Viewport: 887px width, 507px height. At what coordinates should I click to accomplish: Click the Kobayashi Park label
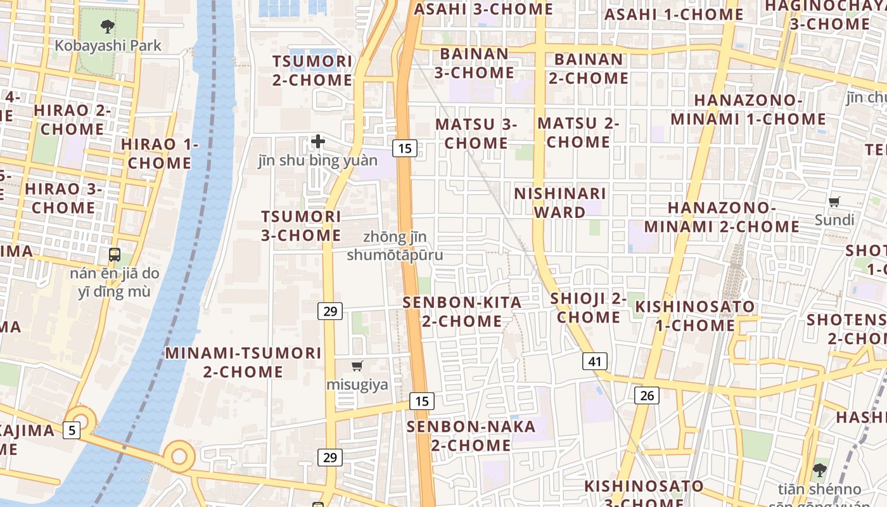[108, 46]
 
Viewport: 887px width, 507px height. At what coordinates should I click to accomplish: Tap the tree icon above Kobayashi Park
[108, 27]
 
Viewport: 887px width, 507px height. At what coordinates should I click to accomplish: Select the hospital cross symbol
[318, 141]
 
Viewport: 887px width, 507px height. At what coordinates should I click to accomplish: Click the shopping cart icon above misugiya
[357, 366]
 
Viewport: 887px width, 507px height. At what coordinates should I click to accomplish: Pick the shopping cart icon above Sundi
[834, 202]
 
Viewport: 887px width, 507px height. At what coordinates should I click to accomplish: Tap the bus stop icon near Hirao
[115, 255]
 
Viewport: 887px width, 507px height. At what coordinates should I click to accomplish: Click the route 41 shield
[595, 361]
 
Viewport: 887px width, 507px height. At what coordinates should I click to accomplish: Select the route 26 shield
[647, 395]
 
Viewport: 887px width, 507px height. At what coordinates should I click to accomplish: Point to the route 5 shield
[72, 430]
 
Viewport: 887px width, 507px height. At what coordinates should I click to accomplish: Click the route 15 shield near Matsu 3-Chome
[404, 148]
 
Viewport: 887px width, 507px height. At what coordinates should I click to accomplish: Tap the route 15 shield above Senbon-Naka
[422, 401]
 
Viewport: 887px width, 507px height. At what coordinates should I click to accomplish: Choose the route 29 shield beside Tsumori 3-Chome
[330, 311]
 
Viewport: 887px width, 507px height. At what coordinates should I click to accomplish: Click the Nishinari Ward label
[560, 203]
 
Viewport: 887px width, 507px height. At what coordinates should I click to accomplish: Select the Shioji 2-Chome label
[589, 307]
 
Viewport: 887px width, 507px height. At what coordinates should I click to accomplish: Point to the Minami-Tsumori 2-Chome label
[243, 362]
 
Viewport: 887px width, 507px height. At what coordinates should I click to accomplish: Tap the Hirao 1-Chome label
[160, 153]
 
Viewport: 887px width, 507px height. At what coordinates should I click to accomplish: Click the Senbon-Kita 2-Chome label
[463, 311]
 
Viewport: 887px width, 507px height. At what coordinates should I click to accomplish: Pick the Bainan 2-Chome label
[589, 68]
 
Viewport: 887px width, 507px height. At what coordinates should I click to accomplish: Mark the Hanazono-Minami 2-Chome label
[722, 217]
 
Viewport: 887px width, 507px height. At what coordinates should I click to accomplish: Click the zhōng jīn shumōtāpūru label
[395, 246]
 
